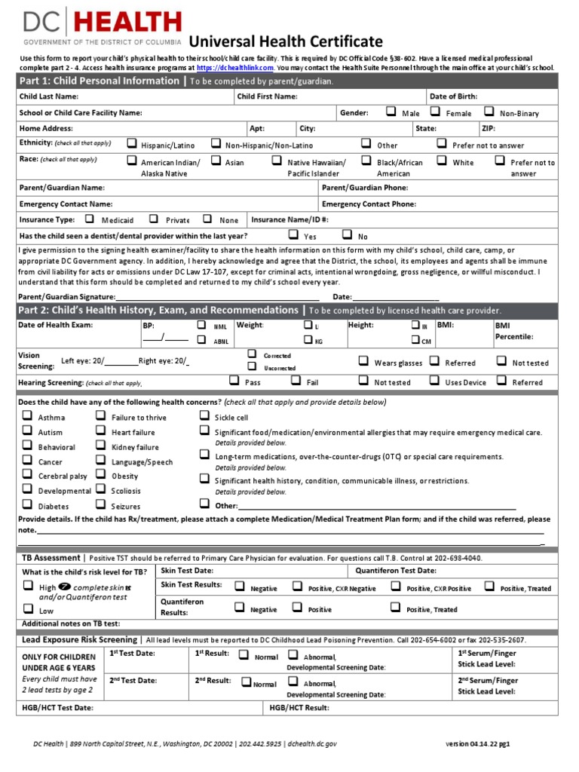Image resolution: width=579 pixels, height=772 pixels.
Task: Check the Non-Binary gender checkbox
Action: pos(489,112)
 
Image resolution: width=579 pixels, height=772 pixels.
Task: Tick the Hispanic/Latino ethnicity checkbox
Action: pos(132,143)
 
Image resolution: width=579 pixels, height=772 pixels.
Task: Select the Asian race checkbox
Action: pos(216,161)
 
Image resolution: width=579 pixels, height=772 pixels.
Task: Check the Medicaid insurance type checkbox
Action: pos(90,219)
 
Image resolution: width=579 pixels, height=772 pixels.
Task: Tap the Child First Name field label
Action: pos(267,96)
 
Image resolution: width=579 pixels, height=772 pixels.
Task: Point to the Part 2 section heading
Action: pos(158,310)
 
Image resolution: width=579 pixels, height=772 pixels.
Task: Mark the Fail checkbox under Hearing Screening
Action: pos(296,381)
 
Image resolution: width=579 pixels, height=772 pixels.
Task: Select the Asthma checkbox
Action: pos(27,415)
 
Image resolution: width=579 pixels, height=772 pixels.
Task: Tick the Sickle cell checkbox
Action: pos(204,415)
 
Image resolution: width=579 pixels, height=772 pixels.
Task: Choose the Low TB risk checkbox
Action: pos(27,608)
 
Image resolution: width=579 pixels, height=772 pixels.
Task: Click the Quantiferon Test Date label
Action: pos(395,571)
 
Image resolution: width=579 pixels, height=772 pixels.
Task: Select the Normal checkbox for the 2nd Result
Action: pos(246,682)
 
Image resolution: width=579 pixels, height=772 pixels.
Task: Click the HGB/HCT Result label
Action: pos(299,708)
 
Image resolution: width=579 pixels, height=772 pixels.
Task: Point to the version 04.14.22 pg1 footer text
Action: pos(478,743)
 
